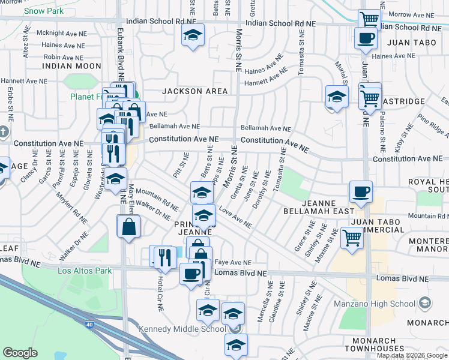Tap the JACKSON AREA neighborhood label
coord(194,91)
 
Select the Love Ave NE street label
coord(235,218)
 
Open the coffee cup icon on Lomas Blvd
coord(191,274)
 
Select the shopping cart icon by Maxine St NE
coord(351,238)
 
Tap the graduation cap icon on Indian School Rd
coord(193,35)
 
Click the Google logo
coord(20,353)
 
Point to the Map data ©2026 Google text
coord(412,355)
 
